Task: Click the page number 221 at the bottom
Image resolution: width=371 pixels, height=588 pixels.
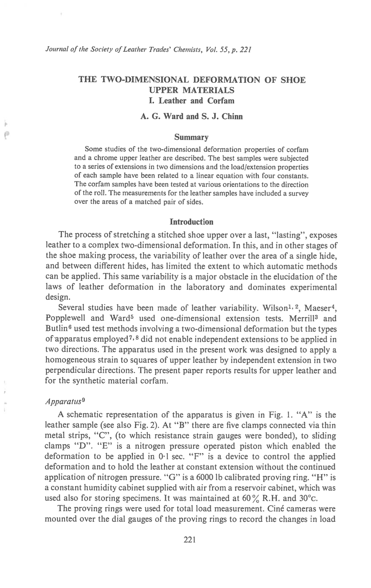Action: coord(190,540)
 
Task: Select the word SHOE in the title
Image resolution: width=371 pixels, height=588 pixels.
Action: coord(293,80)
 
